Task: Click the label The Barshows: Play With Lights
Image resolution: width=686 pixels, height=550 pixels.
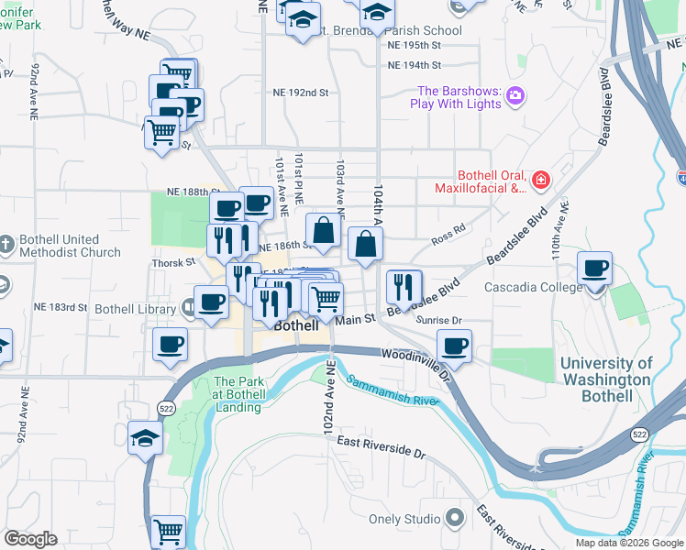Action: click(x=459, y=97)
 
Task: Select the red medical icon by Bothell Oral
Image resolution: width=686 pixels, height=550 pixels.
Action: click(x=541, y=180)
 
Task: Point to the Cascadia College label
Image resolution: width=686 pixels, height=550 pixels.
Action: click(x=533, y=287)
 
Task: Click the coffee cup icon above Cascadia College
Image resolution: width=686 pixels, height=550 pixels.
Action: click(x=596, y=269)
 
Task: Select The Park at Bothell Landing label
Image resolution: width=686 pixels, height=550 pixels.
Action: click(x=239, y=389)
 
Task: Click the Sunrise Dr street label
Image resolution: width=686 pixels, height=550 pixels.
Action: click(x=441, y=321)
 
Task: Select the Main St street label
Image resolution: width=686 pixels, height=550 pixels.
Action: click(x=356, y=319)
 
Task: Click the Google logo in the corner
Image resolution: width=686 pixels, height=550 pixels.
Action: click(x=30, y=539)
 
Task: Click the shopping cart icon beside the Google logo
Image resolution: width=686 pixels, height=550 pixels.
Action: click(x=168, y=532)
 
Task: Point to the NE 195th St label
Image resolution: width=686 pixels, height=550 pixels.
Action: click(x=415, y=45)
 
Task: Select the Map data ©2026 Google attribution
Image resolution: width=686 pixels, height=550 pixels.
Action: click(x=628, y=543)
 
